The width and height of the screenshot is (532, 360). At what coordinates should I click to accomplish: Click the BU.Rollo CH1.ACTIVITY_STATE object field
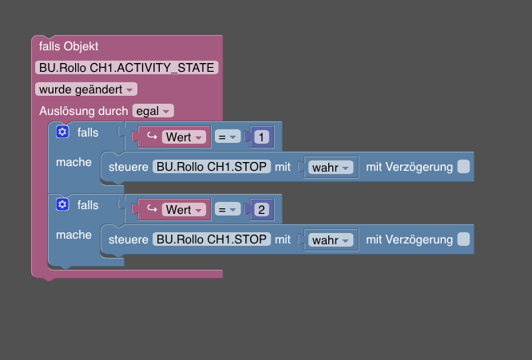pos(126,68)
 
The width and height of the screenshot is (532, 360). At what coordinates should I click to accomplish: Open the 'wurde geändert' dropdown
pos(86,89)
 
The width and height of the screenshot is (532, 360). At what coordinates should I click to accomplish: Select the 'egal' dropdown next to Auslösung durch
pos(153,111)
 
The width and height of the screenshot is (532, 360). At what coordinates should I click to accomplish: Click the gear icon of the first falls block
pos(62,132)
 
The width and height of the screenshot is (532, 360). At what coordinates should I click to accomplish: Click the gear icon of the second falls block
pos(62,204)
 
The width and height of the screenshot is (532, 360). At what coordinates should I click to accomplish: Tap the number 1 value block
pos(261,137)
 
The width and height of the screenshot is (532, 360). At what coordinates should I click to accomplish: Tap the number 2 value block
pos(261,209)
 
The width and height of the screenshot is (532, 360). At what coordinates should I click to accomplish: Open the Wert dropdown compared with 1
pos(184,137)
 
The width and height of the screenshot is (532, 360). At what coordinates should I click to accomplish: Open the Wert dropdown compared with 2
pos(184,209)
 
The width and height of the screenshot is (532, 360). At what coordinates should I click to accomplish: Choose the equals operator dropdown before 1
pos(228,137)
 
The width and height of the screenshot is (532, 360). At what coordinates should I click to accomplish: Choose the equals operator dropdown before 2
pos(228,209)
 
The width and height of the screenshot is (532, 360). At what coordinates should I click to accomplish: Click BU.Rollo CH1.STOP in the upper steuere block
pos(212,167)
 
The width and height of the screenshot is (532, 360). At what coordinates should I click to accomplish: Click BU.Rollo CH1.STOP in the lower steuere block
pos(212,239)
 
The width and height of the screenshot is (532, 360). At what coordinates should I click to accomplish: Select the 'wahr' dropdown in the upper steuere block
pos(331,167)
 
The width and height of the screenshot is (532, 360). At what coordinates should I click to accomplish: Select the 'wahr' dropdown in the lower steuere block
pos(331,239)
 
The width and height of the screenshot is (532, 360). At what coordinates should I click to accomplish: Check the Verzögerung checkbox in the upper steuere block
pos(463,167)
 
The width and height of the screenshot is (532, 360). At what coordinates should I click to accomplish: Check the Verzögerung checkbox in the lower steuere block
pos(463,239)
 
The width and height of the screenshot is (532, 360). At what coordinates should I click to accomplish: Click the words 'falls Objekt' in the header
pos(69,46)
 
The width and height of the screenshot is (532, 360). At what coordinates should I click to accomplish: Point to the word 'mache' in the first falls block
pos(73,162)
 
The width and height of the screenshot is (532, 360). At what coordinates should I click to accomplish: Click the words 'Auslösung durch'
pos(83,111)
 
